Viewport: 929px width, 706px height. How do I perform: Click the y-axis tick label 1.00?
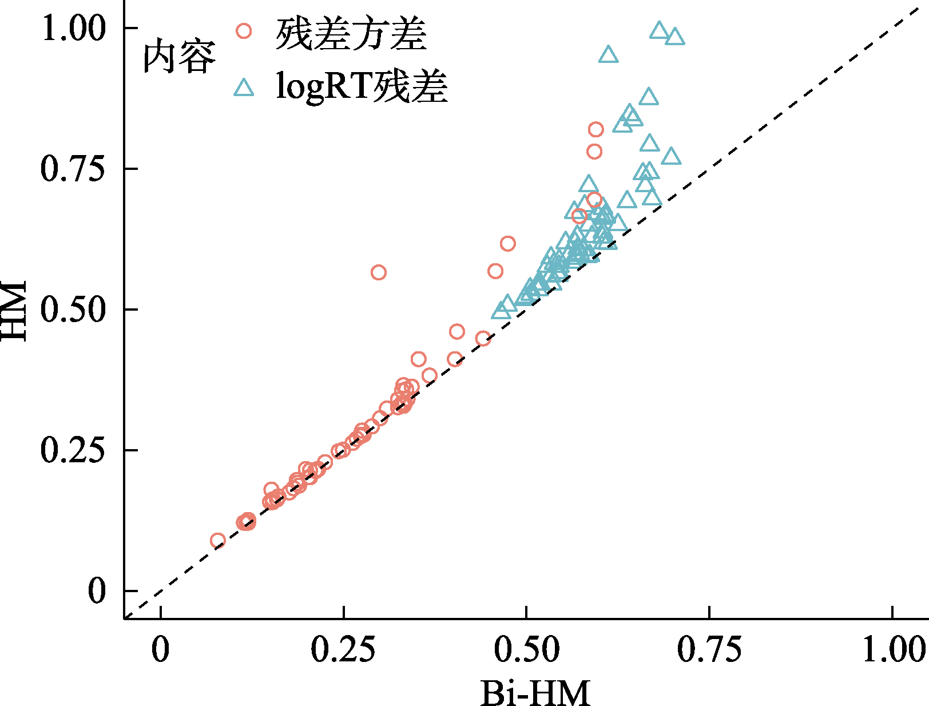(74, 29)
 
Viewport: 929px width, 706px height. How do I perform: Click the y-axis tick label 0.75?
(74, 169)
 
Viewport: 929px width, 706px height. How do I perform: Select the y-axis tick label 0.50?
(74, 310)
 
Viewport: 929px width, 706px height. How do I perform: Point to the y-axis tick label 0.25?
(74, 451)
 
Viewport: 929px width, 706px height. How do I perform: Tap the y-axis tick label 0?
(97, 591)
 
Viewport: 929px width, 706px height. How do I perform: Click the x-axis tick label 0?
(161, 650)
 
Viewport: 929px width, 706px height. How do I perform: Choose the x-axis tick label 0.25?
(343, 650)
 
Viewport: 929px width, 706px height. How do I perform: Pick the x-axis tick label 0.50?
(526, 650)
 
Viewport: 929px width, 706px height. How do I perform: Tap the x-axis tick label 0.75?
(709, 650)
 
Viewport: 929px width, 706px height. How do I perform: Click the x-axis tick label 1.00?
(892, 650)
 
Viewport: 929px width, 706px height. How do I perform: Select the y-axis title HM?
(14, 310)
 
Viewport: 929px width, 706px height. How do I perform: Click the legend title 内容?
(179, 57)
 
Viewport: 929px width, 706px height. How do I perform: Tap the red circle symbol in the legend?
(244, 31)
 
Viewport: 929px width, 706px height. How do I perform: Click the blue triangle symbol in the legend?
(244, 88)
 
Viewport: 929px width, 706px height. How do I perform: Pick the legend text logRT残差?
(361, 88)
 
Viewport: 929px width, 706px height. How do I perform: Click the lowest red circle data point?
(218, 541)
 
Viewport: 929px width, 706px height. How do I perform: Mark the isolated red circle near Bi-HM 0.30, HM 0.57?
(379, 272)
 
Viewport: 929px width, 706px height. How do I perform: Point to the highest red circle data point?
(596, 130)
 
